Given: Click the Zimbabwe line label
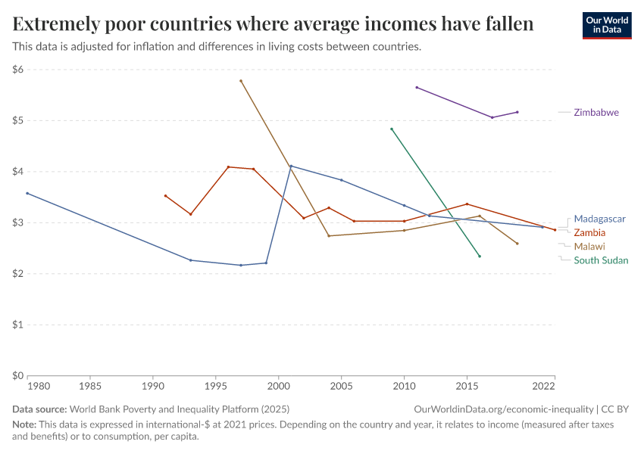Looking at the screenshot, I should coord(596,112).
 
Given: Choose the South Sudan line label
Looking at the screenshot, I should coord(601,260).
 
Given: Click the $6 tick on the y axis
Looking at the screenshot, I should coord(18,70).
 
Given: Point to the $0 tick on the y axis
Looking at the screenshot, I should coord(18,375).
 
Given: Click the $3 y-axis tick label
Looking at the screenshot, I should coord(18,222).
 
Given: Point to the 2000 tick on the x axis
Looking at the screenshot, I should coord(279,386).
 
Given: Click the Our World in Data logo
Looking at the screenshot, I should coord(607,25).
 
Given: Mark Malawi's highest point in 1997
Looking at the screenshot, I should coord(241,81).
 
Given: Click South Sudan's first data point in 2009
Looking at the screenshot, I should coord(392,129).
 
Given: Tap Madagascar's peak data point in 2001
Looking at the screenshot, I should coord(291,166).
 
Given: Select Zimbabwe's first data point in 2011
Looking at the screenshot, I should coord(417,87).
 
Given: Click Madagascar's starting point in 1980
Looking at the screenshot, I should coord(27,193).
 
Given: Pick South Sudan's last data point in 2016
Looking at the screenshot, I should coord(480,256).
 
